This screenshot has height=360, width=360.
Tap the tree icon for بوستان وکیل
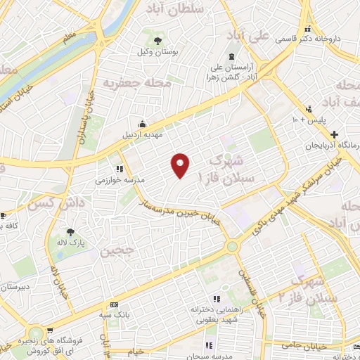(x=158, y=40)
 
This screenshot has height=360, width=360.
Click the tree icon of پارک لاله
(x=70, y=232)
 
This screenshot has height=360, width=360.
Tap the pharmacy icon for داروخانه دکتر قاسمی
(x=309, y=29)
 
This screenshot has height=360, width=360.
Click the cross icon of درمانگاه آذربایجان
(x=335, y=134)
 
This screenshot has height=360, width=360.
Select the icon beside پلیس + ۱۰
(x=309, y=109)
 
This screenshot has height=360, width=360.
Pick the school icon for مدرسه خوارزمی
(x=120, y=169)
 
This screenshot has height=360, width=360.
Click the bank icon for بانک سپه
(x=114, y=304)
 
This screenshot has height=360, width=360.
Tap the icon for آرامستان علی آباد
(x=231, y=57)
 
